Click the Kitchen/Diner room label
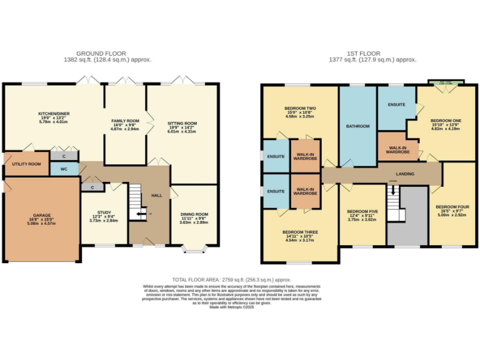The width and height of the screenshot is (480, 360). (53, 114)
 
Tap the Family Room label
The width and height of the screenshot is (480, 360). (125, 120)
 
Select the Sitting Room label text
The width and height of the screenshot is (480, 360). (182, 124)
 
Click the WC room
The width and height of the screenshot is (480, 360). (64, 169)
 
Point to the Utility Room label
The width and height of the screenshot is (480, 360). (26, 164)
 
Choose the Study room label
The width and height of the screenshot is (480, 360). (104, 212)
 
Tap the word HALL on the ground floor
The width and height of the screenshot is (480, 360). (156, 195)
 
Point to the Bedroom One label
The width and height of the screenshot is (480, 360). (446, 119)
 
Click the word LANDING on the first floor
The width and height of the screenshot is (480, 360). (406, 174)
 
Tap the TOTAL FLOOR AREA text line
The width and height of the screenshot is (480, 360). (231, 280)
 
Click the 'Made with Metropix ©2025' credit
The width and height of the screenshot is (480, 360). (231, 307)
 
